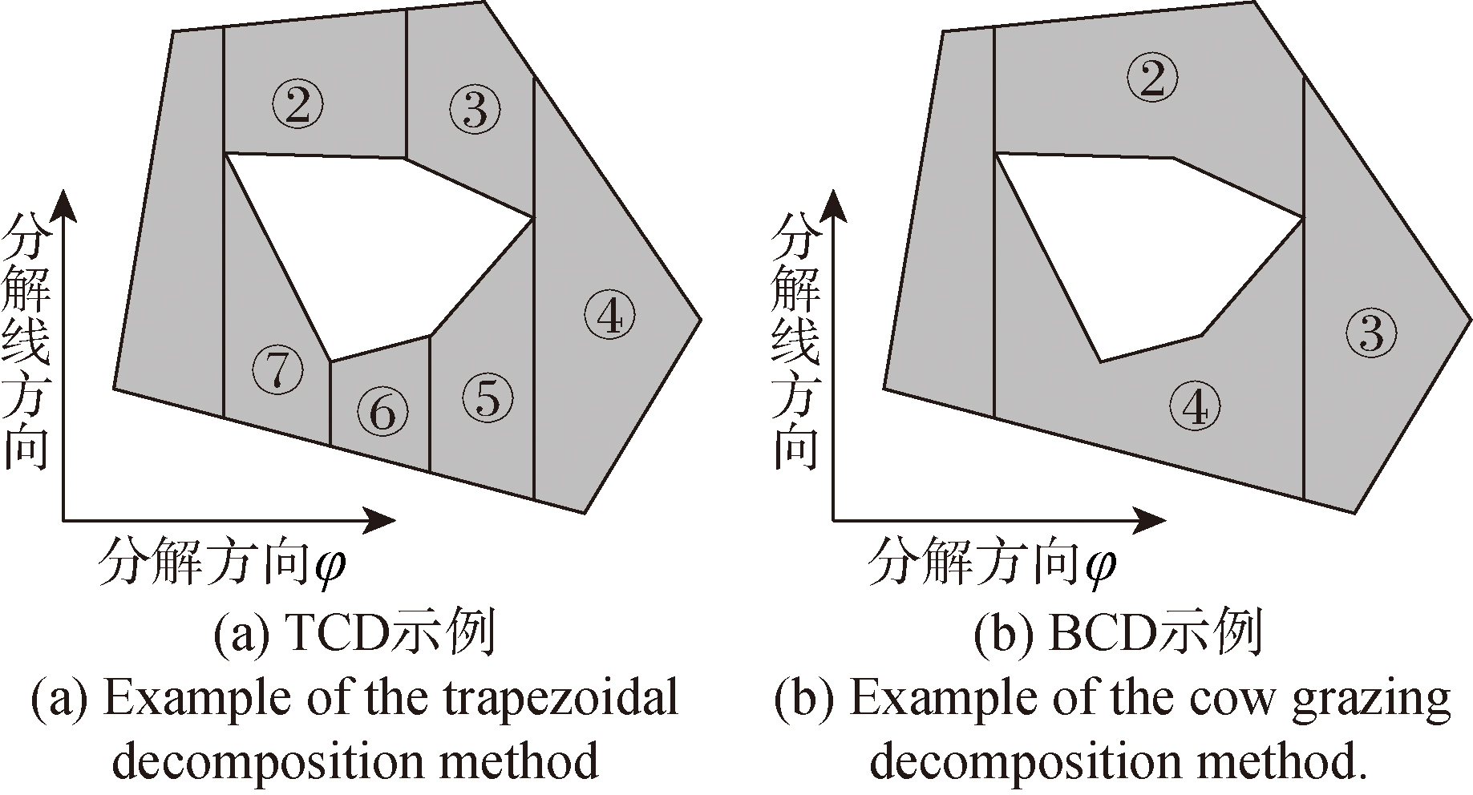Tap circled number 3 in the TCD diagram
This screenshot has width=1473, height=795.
(x=475, y=109)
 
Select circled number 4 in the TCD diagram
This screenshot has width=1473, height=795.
(x=610, y=316)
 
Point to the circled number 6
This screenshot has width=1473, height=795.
(x=382, y=412)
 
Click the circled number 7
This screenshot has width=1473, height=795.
(x=277, y=369)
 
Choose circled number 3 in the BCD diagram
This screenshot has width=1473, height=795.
(x=1371, y=332)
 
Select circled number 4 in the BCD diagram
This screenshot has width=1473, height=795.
(x=1195, y=406)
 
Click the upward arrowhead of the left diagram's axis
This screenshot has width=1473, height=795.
(x=63, y=204)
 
